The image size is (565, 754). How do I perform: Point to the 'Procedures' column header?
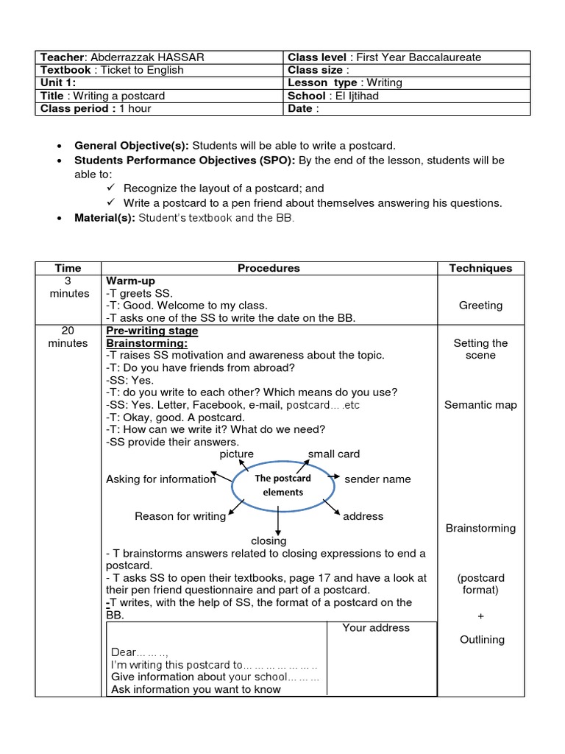tap(269, 269)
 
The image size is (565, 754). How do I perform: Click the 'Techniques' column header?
tap(480, 269)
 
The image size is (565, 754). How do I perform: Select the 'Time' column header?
tap(68, 269)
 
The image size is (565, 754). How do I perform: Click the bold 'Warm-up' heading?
tap(130, 281)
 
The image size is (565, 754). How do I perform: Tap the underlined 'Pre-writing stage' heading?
tap(152, 331)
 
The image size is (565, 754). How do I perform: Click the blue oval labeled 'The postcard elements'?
tap(282, 485)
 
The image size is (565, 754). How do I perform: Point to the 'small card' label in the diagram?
tap(333, 454)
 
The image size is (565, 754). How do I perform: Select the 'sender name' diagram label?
tap(377, 479)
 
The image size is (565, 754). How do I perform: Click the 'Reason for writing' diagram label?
tap(180, 516)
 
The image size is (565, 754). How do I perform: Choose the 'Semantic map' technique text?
tap(480, 405)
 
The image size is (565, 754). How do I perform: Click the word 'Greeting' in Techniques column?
tap(480, 305)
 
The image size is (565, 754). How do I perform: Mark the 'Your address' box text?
tap(376, 628)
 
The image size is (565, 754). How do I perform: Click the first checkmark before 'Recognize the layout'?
tap(111, 188)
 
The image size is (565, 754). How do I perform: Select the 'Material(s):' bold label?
tap(104, 218)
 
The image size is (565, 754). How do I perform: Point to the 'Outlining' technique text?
tap(482, 640)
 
